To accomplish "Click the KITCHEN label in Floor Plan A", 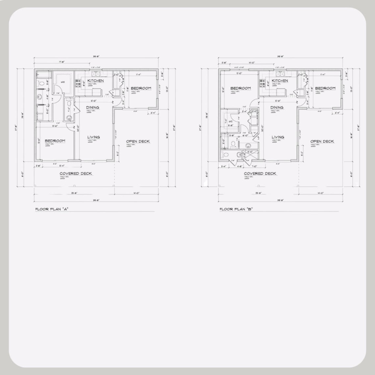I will coord(96,81).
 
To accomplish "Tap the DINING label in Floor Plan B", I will coord(277,108).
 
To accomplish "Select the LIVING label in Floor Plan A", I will coord(93,137).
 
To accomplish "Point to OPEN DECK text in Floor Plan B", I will coord(322,141).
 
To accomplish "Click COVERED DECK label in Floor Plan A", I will coord(76,174).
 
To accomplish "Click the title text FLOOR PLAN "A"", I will coord(52,209).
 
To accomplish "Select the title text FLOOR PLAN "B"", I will coord(236,209).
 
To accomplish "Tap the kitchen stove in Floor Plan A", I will coord(79,83).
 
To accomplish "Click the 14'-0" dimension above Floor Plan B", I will coord(243,61).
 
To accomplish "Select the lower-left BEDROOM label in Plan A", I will coord(55,141).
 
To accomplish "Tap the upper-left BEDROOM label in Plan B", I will coord(240,88).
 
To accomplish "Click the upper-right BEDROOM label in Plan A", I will coord(141,88).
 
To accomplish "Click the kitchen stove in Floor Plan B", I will coord(263,83).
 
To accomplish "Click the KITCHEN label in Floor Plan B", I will coord(280,81).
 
